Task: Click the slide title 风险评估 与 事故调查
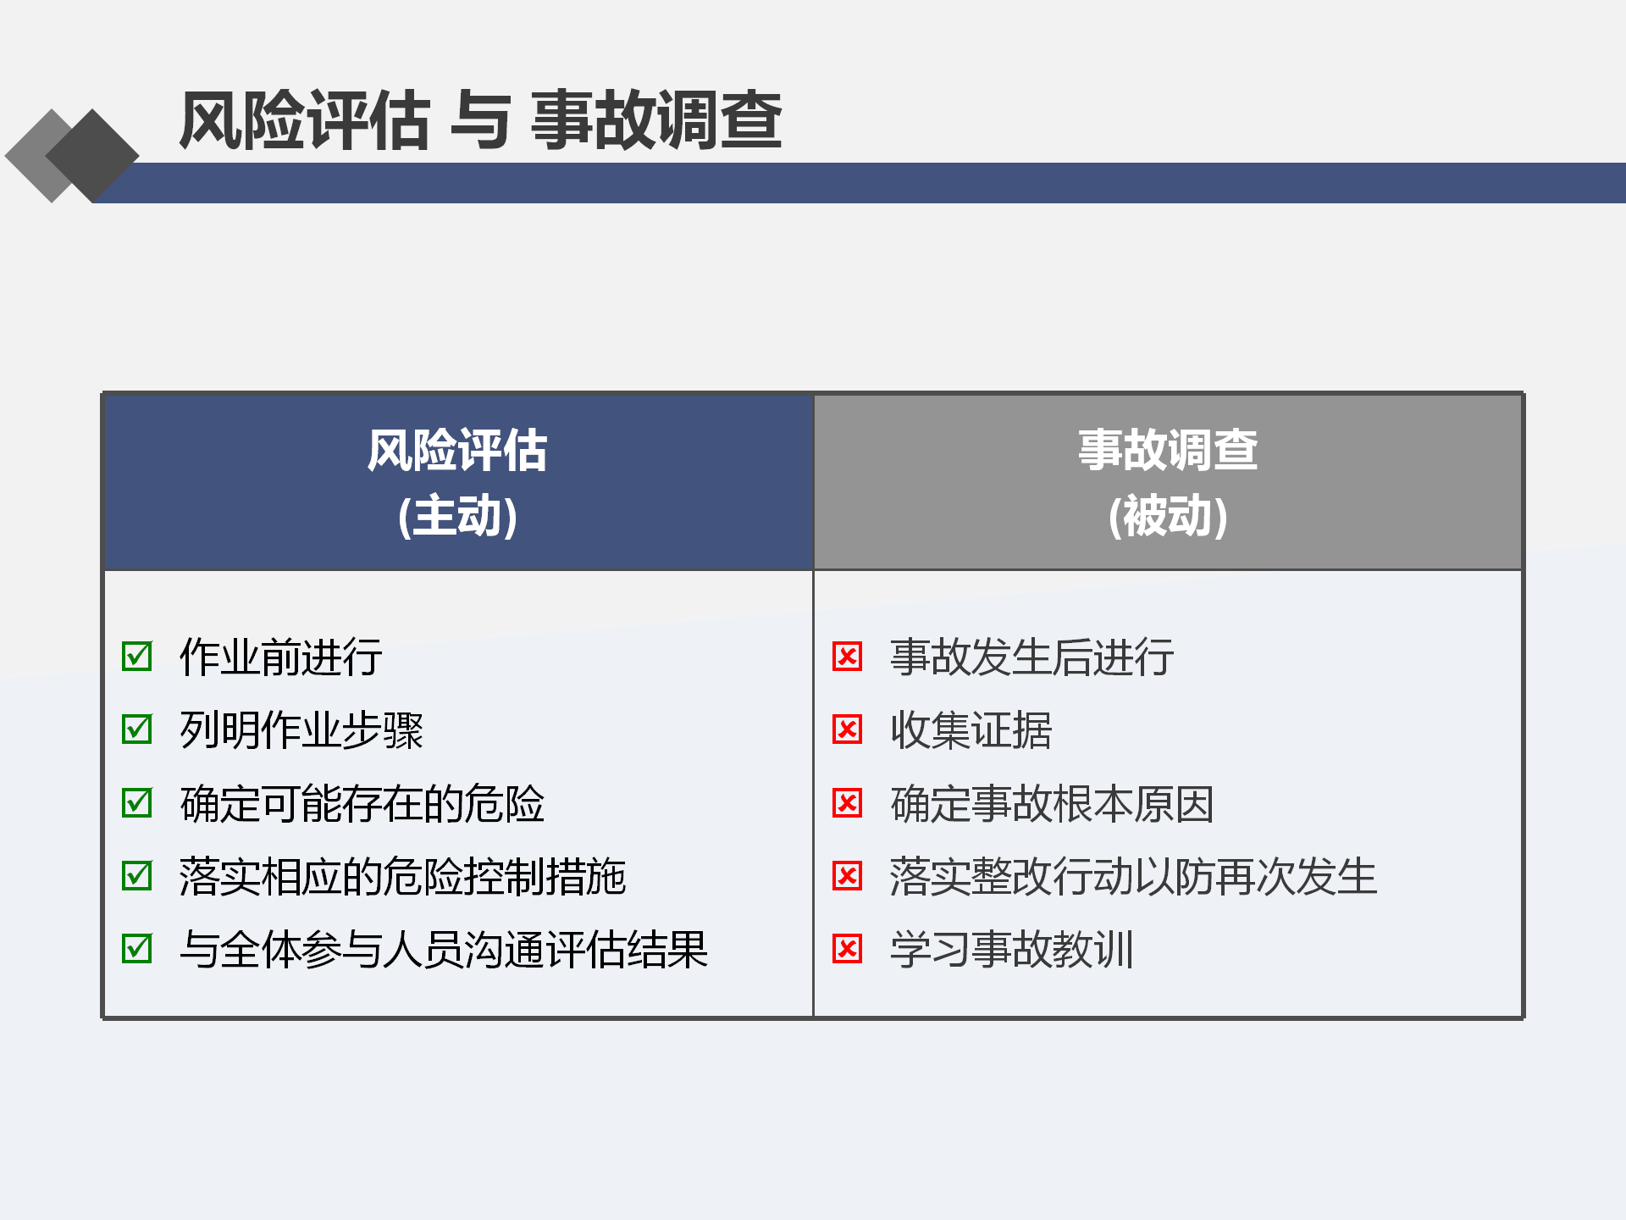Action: click(480, 120)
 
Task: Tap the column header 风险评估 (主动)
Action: click(457, 482)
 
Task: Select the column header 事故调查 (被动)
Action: click(1168, 482)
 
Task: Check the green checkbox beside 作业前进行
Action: click(137, 656)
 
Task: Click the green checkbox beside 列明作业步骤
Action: click(137, 729)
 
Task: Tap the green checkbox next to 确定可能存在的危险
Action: click(137, 802)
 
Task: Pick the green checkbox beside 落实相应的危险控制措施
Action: click(137, 875)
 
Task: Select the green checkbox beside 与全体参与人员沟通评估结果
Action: click(137, 948)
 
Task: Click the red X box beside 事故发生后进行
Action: click(847, 656)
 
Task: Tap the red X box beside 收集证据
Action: click(847, 729)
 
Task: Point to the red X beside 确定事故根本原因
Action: click(847, 802)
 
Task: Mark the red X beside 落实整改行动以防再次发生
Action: click(847, 875)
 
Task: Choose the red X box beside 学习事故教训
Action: click(847, 948)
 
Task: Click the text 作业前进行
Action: click(281, 657)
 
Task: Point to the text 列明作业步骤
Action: click(301, 729)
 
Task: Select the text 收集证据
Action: click(971, 729)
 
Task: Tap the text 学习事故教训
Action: click(1012, 949)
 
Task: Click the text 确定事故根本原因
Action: click(1053, 803)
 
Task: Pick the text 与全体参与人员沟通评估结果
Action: click(444, 949)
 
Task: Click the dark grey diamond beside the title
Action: click(92, 156)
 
